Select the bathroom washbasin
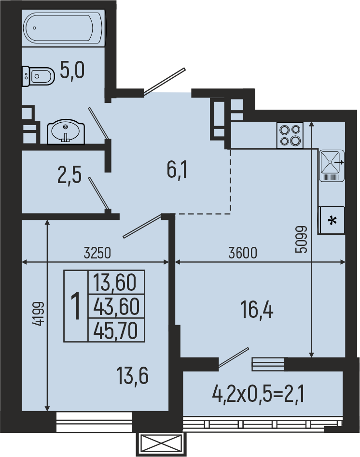(66, 132)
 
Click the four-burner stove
(290, 135)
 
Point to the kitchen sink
(332, 166)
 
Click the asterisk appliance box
(332, 220)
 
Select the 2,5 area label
(69, 174)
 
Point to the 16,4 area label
(257, 310)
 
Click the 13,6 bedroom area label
(132, 376)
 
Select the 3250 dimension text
(97, 253)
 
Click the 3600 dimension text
(243, 253)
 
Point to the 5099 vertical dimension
(301, 239)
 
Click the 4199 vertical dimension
(39, 314)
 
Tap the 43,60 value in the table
(116, 307)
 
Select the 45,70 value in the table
(116, 331)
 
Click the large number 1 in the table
(76, 306)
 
